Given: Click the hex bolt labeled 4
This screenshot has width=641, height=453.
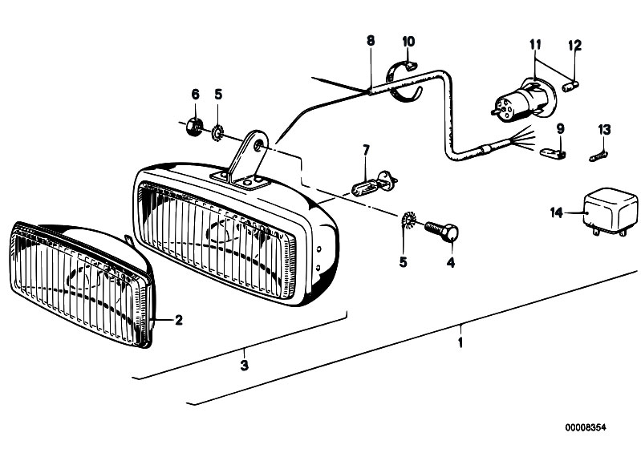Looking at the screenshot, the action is click(442, 232).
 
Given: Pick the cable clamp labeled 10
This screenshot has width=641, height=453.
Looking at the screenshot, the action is click(403, 79).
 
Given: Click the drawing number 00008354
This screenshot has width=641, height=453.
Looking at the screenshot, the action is click(586, 427).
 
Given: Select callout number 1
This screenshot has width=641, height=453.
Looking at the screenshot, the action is click(460, 342).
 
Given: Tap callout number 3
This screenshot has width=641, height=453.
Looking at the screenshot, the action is click(244, 365).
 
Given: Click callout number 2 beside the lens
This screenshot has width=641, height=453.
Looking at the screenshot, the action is click(179, 320).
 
